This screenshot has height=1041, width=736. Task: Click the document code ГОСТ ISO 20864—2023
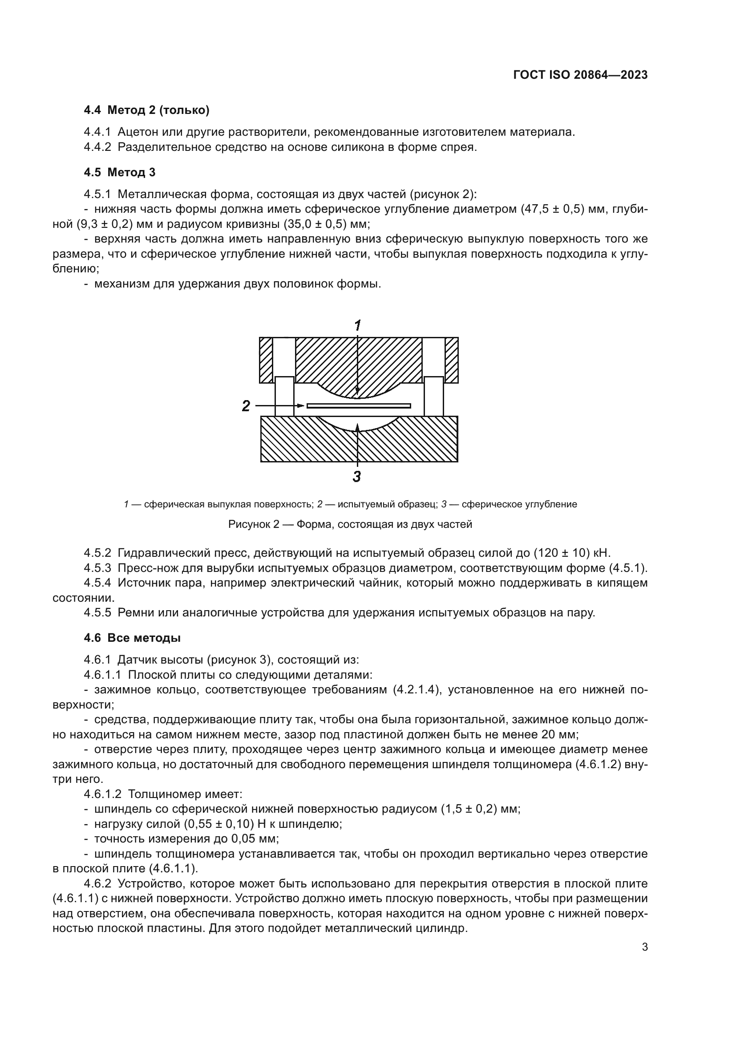tap(580, 75)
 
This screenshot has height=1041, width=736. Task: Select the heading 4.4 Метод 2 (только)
tap(146, 110)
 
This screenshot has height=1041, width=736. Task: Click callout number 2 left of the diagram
tap(246, 405)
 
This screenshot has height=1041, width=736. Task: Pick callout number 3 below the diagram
tap(357, 477)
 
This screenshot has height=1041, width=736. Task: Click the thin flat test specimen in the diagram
tap(359, 405)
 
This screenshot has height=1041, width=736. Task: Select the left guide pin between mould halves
tap(284, 396)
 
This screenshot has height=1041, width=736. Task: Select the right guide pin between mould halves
tap(433, 396)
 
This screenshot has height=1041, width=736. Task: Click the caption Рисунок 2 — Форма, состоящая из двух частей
tap(350, 524)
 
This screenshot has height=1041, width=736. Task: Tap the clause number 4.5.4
tap(97, 583)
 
